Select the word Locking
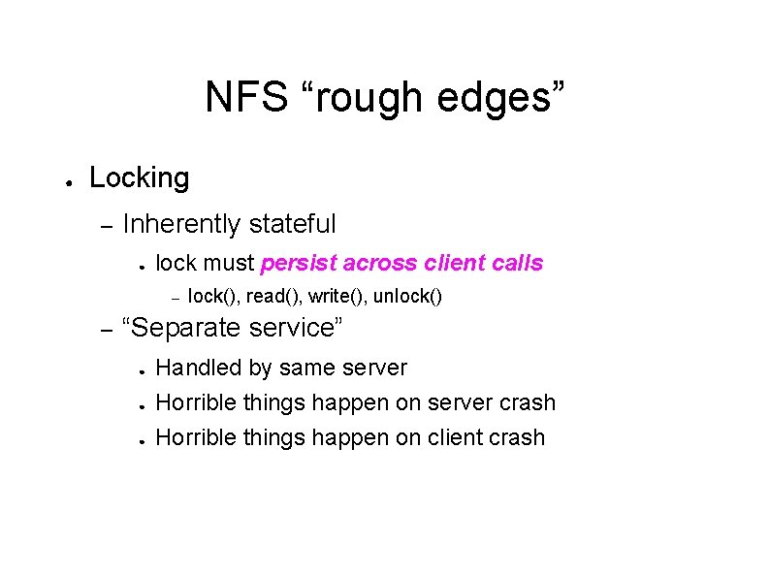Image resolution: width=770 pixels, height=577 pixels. tap(139, 177)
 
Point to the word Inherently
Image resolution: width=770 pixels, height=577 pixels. tap(181, 224)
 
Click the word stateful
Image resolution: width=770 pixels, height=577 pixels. tap(292, 224)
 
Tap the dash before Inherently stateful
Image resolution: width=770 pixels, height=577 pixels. tap(108, 226)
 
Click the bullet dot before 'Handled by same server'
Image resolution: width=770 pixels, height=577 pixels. tap(142, 369)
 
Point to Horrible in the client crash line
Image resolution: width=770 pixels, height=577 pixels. tap(194, 437)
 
